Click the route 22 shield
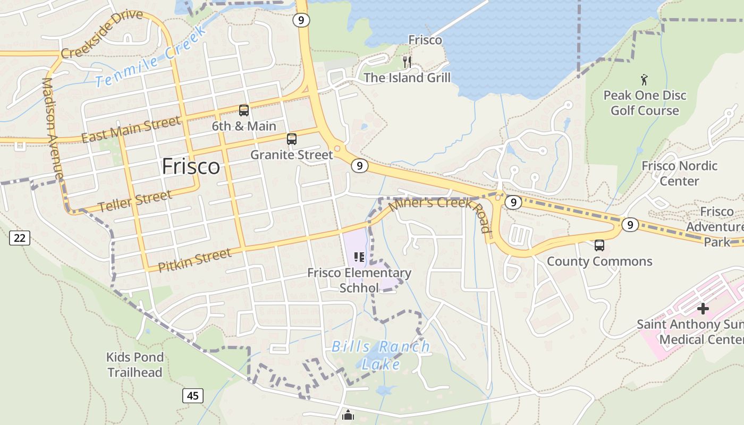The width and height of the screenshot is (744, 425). [x=19, y=237]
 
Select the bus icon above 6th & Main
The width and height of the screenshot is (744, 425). [x=244, y=110]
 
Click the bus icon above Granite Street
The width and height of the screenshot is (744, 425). [x=291, y=139]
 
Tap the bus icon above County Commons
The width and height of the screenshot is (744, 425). [x=599, y=245]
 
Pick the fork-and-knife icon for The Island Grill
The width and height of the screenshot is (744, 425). [x=407, y=62]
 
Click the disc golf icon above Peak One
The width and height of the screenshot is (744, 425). [x=645, y=80]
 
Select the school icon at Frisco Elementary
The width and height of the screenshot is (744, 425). [x=359, y=258]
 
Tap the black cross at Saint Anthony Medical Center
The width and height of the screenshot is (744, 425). [x=703, y=308]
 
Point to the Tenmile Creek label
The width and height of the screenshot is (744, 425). [x=151, y=57]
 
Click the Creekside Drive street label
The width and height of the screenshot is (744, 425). [x=102, y=35]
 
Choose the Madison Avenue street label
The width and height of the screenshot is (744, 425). [x=52, y=129]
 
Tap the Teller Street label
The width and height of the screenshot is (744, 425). [x=136, y=201]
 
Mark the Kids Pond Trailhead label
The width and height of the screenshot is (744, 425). [x=135, y=364]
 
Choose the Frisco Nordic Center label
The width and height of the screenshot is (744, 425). [x=679, y=173]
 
